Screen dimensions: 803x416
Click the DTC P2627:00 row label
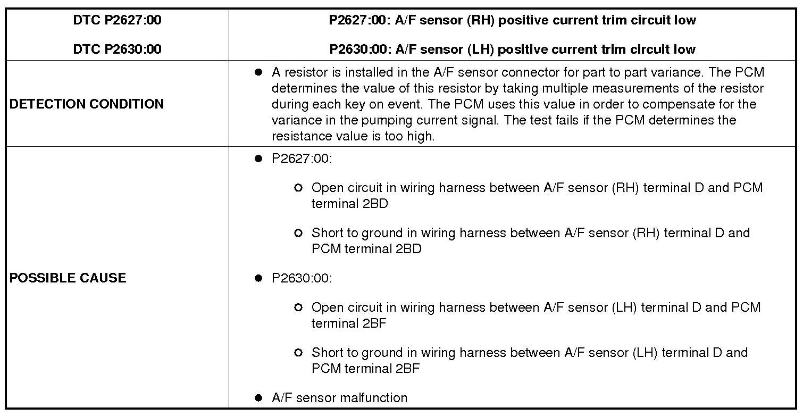tap(117, 21)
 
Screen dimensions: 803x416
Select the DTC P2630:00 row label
tap(117, 49)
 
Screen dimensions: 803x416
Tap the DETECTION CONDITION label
tap(87, 104)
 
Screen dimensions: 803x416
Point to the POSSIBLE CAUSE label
tap(68, 278)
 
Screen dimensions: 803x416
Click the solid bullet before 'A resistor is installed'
tap(259, 72)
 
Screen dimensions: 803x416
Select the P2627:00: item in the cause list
tap(302, 159)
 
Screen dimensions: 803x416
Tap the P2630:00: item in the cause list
tap(302, 278)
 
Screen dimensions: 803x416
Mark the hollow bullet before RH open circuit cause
tap(298, 188)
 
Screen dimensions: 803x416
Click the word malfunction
tap(375, 398)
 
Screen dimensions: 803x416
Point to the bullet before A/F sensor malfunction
tap(259, 398)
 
